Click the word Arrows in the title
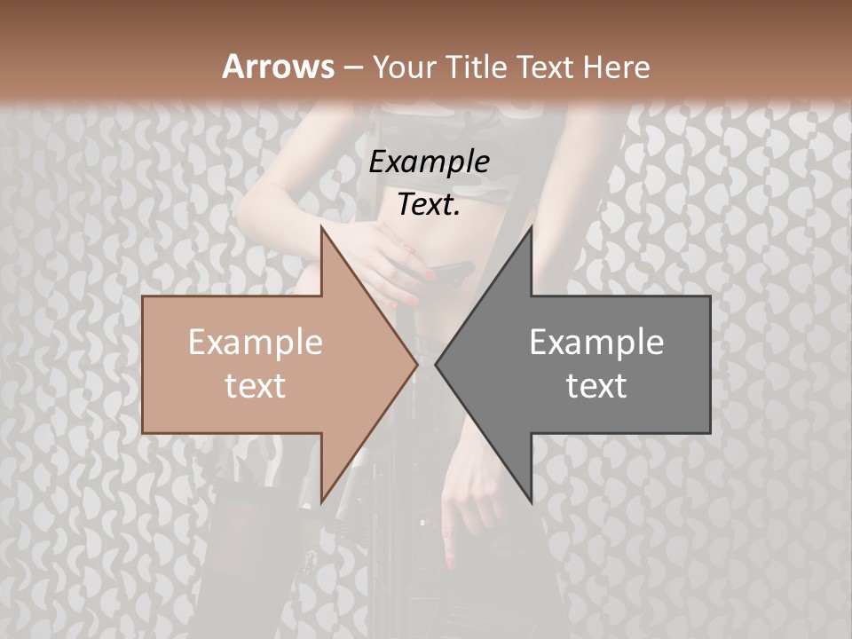[x=278, y=67]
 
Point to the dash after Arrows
[x=353, y=68]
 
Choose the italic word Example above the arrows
[x=429, y=162]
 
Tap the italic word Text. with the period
[x=429, y=204]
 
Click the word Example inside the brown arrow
[x=256, y=342]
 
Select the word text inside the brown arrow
[x=256, y=385]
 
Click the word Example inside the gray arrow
[x=596, y=342]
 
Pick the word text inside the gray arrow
[x=596, y=385]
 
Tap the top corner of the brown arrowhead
[x=321, y=227]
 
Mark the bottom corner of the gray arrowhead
[x=531, y=502]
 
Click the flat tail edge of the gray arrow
[x=710, y=364]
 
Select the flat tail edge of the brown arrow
[x=143, y=364]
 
